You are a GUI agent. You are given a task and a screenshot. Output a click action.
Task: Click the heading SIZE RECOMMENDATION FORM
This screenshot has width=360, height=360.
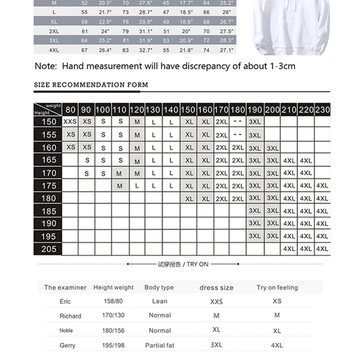(91, 85)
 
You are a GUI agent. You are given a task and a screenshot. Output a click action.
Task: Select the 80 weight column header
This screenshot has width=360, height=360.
(70, 110)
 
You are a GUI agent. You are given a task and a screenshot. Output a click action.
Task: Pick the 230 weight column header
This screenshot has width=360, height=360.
(322, 110)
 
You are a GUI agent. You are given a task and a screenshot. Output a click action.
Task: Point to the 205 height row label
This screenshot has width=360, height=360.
(49, 248)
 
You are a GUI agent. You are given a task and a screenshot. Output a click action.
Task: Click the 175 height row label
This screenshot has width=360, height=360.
(49, 185)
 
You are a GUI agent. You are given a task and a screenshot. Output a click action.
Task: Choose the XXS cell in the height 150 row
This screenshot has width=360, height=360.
(70, 121)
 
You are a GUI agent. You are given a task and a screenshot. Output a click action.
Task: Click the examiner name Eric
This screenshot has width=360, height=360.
(65, 301)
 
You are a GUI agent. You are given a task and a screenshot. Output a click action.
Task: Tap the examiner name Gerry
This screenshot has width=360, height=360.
(68, 346)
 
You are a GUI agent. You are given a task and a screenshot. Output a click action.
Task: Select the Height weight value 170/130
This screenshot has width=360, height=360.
(113, 316)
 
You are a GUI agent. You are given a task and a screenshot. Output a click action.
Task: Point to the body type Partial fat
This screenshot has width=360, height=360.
(159, 346)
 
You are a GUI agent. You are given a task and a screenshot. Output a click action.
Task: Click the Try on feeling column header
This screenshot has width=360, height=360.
(277, 287)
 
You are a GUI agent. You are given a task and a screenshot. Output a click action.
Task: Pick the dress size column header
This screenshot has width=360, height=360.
(217, 287)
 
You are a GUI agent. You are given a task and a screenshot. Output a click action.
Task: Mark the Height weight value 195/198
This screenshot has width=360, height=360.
(113, 346)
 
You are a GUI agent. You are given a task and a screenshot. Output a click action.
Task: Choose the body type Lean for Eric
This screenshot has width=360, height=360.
(160, 301)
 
